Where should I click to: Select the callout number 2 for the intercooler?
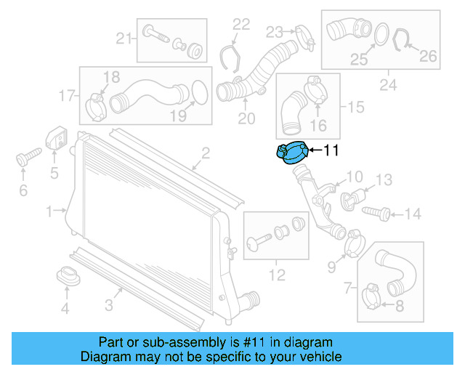click(x=206, y=153)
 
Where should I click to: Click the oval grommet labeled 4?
click(x=67, y=278)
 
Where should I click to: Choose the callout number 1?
click(x=50, y=211)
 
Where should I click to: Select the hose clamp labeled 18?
click(x=96, y=105)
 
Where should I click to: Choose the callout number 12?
click(x=277, y=275)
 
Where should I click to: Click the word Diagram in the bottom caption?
click(x=106, y=357)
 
